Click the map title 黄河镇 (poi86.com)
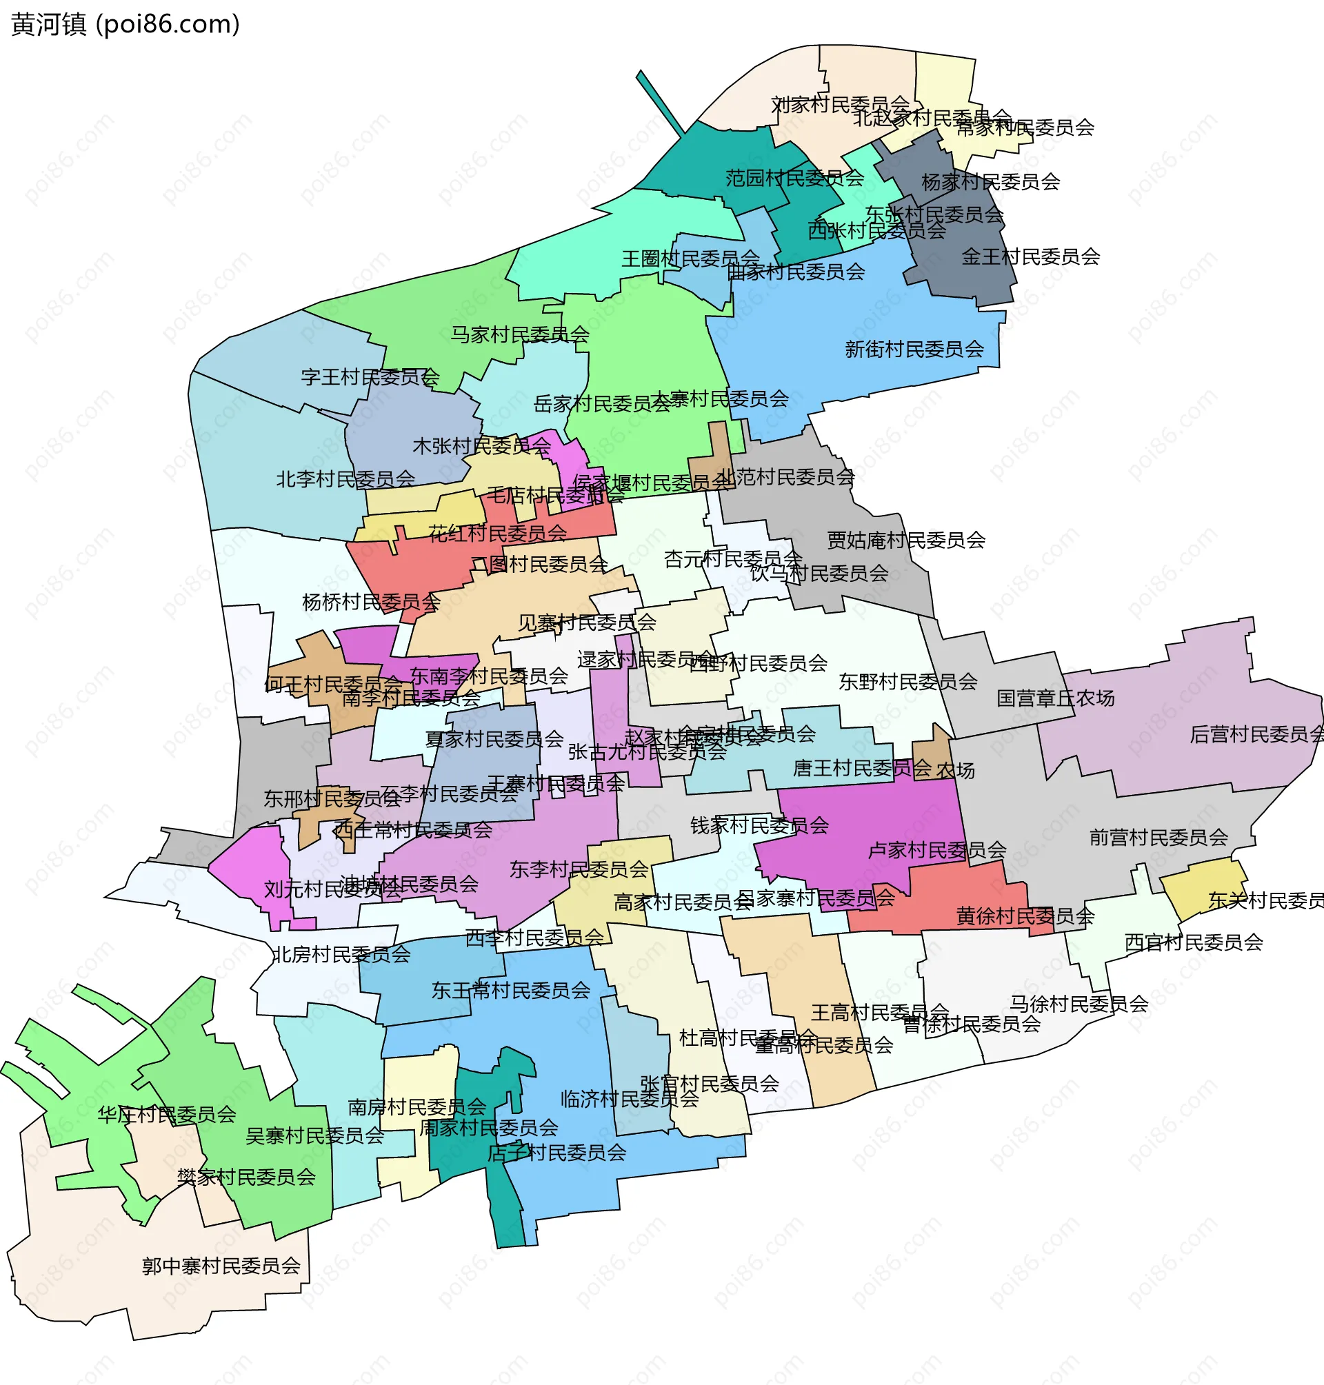tap(126, 25)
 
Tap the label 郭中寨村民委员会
tap(221, 1266)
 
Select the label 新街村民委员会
tap(914, 350)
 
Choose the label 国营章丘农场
tap(1055, 698)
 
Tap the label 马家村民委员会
tap(519, 334)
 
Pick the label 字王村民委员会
tap(370, 378)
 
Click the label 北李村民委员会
tap(345, 480)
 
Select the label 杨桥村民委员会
tap(371, 603)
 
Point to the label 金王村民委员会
tap(1030, 257)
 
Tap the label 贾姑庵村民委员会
tap(905, 540)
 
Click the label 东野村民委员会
tap(907, 682)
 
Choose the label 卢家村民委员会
tap(936, 850)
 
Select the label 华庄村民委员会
tap(167, 1115)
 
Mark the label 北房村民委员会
tap(341, 955)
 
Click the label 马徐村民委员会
tap(1079, 1003)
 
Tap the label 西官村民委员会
tap(1193, 942)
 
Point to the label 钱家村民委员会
tap(759, 825)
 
